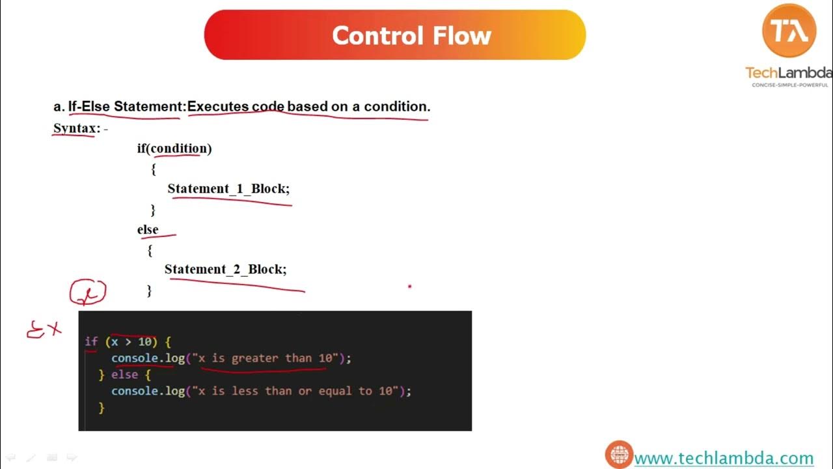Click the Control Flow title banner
(395, 35)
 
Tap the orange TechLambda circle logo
(789, 30)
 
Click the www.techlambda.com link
(724, 459)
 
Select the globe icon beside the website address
(619, 455)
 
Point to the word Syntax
(74, 128)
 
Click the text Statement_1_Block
(228, 189)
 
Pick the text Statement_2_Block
(225, 269)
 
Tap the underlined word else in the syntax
(148, 229)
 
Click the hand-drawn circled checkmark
(88, 293)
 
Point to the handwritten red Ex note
(44, 330)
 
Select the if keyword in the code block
(91, 341)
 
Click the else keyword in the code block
(124, 375)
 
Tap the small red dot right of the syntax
(409, 285)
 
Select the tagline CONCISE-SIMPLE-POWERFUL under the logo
(790, 85)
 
